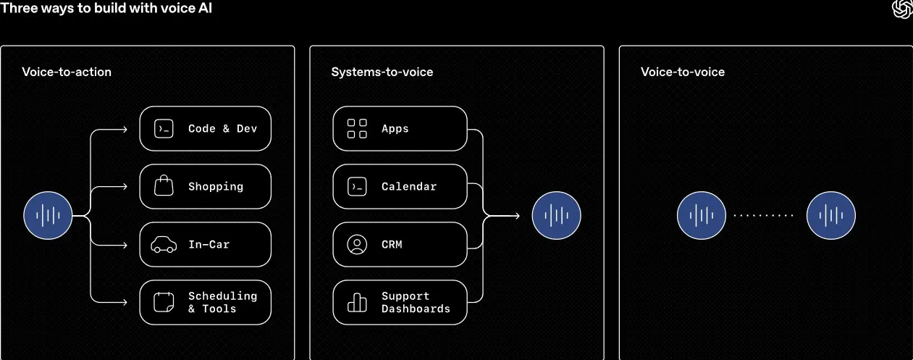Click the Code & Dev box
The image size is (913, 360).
(205, 128)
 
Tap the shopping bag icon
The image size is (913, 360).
(164, 185)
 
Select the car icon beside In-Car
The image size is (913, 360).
(164, 245)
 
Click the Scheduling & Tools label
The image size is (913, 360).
(222, 302)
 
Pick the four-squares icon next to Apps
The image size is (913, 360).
(357, 128)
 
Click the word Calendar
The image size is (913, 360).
(409, 186)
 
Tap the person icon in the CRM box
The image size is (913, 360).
(357, 244)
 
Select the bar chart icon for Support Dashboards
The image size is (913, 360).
(357, 303)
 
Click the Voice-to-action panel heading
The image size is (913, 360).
(67, 72)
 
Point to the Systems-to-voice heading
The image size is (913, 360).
(382, 72)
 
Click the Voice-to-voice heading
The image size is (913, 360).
(683, 72)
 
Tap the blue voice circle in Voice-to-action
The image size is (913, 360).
(48, 215)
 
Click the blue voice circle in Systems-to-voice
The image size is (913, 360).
(556, 215)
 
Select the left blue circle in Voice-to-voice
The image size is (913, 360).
(702, 215)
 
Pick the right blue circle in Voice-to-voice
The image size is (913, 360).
(831, 215)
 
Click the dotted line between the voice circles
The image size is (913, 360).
(763, 215)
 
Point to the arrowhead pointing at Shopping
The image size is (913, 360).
(125, 187)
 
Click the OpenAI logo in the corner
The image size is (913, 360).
(902, 9)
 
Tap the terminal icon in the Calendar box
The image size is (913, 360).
(357, 186)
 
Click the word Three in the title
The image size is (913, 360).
(19, 8)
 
